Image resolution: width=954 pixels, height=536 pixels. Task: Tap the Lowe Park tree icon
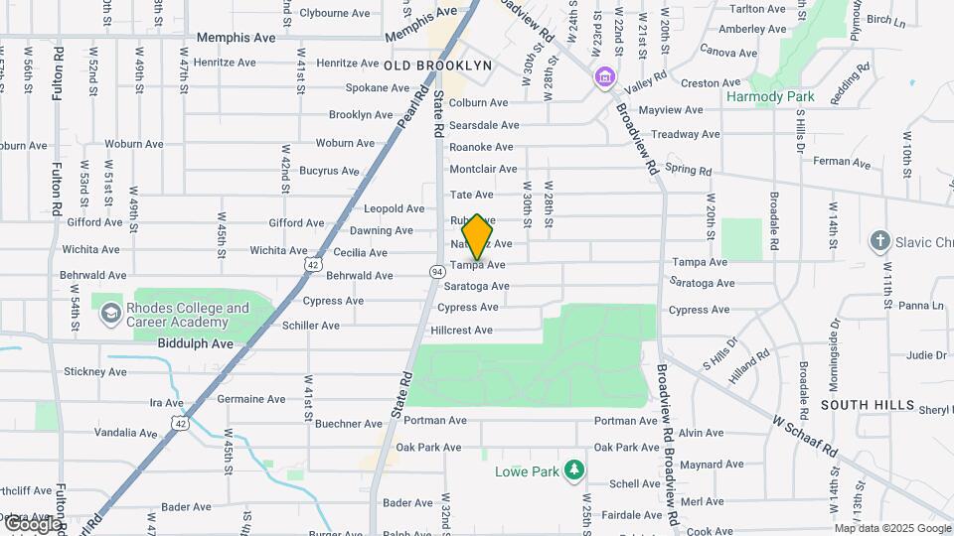click(572, 469)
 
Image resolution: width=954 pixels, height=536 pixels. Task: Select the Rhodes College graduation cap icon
click(110, 315)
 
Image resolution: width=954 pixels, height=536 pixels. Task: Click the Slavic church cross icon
click(878, 240)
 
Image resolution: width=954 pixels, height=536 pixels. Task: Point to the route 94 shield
click(436, 271)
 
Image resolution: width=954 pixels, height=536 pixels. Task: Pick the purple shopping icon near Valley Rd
click(602, 76)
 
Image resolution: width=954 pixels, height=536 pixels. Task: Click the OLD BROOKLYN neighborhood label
click(437, 66)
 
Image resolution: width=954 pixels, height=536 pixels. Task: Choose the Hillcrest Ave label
click(463, 330)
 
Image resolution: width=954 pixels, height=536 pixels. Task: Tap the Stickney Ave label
click(94, 372)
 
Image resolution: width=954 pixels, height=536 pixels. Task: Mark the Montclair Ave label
click(483, 170)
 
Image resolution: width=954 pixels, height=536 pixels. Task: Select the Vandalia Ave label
click(125, 433)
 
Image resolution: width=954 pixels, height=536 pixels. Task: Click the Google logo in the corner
click(32, 524)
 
